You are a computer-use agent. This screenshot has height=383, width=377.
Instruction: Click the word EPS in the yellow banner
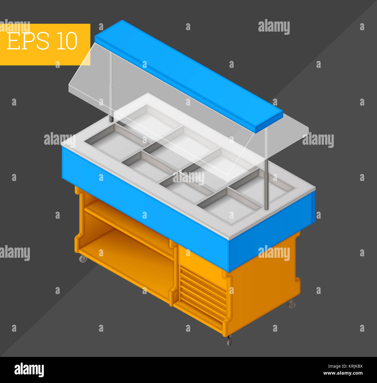tap(28, 41)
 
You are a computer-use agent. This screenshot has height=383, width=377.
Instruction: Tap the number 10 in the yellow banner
tap(67, 41)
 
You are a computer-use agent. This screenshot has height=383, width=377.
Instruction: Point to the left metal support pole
tap(111, 87)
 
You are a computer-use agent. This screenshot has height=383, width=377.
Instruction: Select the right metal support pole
tap(266, 174)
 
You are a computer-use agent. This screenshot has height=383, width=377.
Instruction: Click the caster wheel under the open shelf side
tap(83, 259)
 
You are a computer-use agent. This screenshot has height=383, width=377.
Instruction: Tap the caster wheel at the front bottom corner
tap(230, 340)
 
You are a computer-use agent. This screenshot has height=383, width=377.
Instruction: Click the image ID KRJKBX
tap(353, 366)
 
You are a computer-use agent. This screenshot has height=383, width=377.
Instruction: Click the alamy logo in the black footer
tap(29, 370)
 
